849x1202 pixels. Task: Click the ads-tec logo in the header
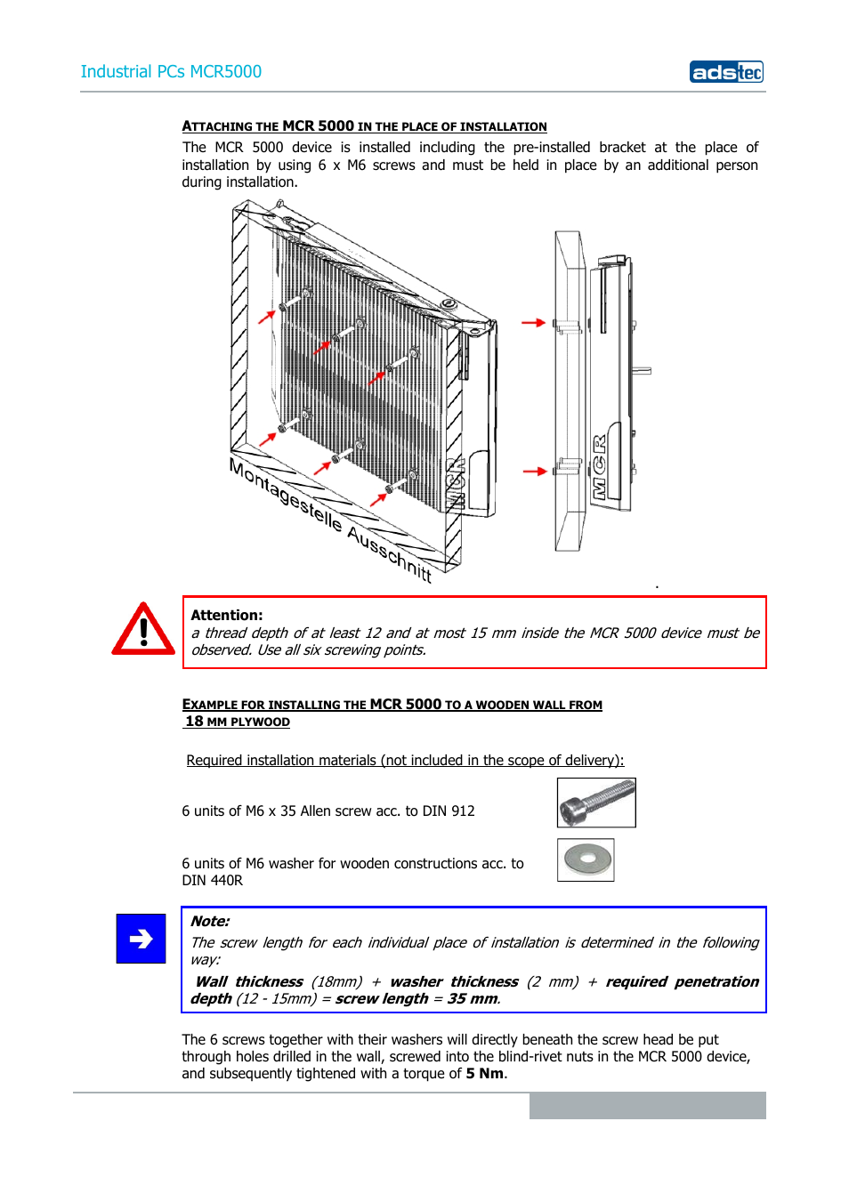726,72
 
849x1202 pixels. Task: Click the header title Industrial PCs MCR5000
171,72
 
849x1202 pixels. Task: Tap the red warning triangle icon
142,630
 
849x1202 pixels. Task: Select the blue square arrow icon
141,939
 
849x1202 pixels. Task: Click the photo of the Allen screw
596,802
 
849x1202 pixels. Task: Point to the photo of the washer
586,859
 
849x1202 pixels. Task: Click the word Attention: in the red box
226,615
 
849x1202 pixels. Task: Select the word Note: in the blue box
210,922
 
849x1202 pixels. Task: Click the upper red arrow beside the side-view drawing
533,323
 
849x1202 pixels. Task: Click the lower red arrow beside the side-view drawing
534,472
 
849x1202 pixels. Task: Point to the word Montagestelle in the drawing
285,495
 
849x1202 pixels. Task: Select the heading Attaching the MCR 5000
364,126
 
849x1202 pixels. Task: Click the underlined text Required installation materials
405,761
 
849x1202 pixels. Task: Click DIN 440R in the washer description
212,881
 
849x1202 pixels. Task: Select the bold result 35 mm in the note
473,999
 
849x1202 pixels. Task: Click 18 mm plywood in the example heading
238,722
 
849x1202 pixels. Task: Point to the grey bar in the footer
647,1105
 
